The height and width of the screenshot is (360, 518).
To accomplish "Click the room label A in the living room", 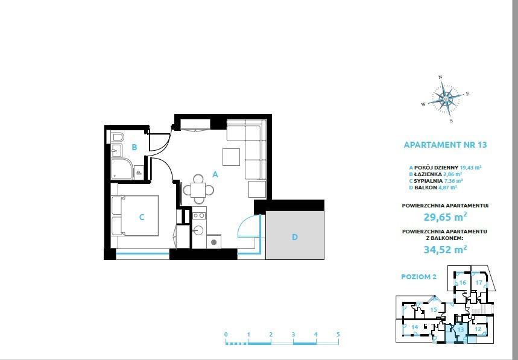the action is coord(215,174).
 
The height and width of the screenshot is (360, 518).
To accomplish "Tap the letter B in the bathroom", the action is coord(134,147).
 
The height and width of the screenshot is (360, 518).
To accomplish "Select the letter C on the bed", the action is coord(142,217).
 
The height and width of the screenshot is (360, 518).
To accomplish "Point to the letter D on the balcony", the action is coord(295,237).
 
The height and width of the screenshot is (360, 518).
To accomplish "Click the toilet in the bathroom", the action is coord(117,137).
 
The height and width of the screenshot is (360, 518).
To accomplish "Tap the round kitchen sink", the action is coord(198,230).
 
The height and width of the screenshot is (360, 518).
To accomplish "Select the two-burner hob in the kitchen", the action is coord(198,216).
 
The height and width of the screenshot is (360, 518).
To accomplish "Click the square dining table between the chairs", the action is coord(198,190).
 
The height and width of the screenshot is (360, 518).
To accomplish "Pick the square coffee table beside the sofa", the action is coord(231,157).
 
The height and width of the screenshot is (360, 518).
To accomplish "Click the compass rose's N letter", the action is coord(440,77).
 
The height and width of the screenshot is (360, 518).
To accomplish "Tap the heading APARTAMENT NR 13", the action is coord(445,145).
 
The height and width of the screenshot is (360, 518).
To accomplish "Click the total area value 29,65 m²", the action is coord(445,217).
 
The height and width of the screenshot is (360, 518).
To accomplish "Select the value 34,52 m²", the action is coord(445,249).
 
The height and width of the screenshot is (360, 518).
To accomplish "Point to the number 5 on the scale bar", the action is coord(338,334).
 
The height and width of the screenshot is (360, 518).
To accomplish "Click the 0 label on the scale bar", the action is coord(226,334).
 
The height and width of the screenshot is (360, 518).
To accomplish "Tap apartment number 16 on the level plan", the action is coord(463,282).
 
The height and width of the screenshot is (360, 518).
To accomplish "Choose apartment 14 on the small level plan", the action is coord(415,327).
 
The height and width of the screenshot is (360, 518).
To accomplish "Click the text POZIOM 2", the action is coord(419,277).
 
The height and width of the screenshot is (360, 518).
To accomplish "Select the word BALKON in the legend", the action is coord(426,188).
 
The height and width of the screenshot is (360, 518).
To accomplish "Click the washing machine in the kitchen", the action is coord(213,241).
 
